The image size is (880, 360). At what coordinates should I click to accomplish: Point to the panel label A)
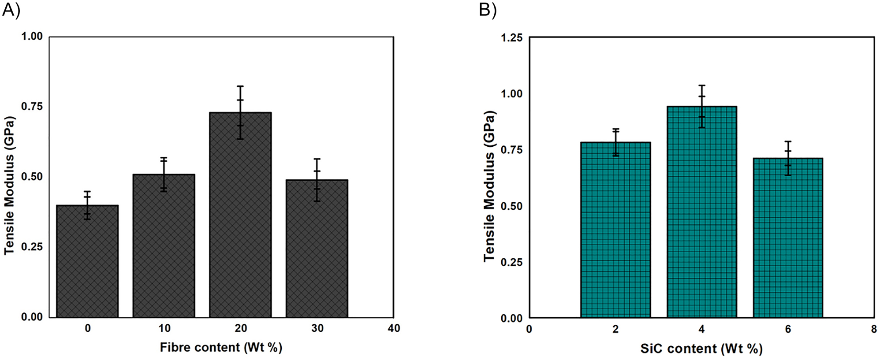pos(11,10)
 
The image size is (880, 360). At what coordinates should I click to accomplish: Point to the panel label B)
pos(488,10)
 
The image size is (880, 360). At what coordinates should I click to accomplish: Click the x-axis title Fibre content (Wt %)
pos(221,348)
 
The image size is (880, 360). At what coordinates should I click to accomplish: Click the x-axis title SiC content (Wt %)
pos(701,349)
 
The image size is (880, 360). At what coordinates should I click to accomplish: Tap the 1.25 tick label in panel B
pos(511,38)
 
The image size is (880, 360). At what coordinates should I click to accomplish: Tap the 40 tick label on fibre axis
pos(394,329)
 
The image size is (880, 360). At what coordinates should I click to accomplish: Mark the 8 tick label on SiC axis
pos(874,329)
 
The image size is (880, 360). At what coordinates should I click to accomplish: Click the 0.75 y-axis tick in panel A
pos(32,107)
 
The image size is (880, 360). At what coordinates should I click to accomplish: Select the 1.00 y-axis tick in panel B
pos(511,94)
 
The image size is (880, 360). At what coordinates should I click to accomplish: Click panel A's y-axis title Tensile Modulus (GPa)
pos(10,185)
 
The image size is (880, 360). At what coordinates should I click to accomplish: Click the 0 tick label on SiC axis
pos(529,329)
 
